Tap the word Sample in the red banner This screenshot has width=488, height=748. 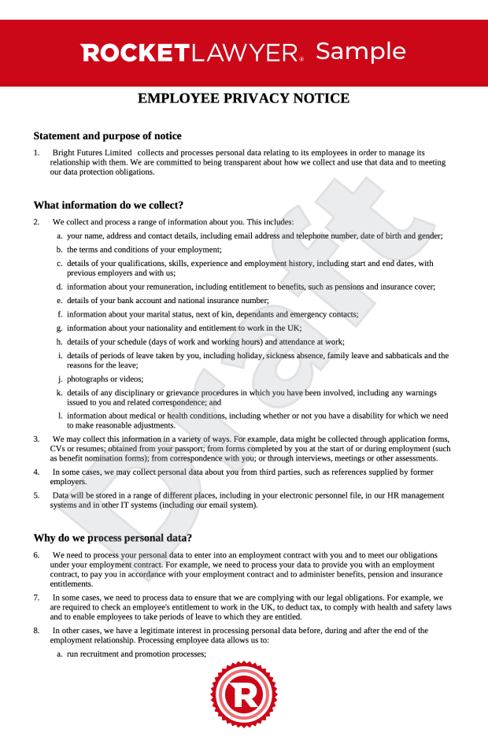tap(360, 51)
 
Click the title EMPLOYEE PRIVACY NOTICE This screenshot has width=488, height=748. tap(243, 98)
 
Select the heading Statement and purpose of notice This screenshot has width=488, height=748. tap(107, 135)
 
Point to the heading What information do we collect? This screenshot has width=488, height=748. tap(108, 205)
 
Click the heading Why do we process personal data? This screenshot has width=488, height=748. tap(113, 538)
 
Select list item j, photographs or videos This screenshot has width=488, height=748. tap(94, 379)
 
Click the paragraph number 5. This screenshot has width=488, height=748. tap(36, 495)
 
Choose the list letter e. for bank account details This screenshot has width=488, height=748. tap(60, 300)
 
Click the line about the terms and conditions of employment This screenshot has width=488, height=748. tap(144, 249)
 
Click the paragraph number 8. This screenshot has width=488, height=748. tap(36, 631)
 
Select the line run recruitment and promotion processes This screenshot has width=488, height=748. tap(136, 654)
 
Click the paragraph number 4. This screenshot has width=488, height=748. tap(36, 472)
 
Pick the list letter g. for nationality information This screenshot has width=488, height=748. tap(60, 328)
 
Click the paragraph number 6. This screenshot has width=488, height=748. tap(36, 555)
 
